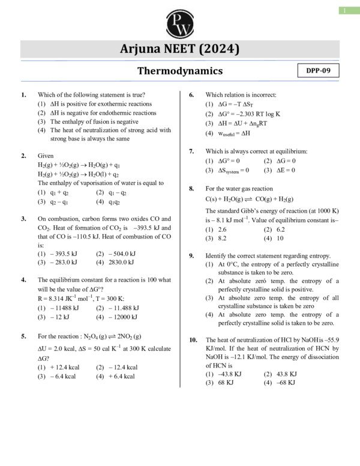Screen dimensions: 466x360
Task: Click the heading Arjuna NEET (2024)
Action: pos(180,49)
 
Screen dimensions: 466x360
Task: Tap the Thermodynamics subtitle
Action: pos(180,71)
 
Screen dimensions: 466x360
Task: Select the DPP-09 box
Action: pos(318,71)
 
